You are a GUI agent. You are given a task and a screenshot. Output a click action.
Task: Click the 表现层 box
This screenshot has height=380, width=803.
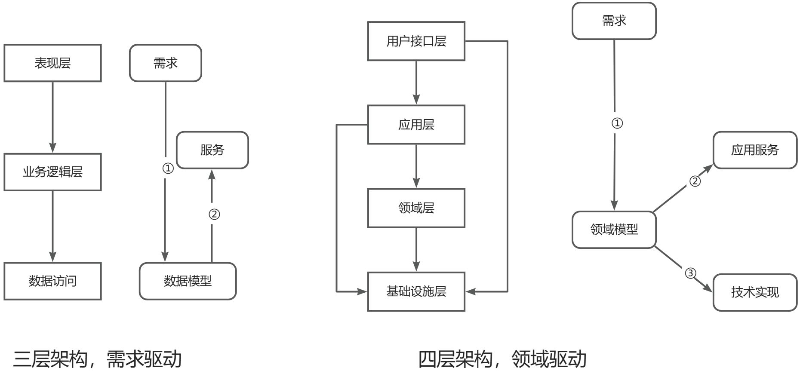tap(52, 63)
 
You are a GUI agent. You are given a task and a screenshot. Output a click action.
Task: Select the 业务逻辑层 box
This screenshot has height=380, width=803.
tap(52, 172)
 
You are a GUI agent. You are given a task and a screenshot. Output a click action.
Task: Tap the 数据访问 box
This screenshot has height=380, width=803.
tap(52, 281)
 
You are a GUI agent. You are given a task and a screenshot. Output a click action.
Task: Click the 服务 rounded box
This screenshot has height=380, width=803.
tap(212, 150)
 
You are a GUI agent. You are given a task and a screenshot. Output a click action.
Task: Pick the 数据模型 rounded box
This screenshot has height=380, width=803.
tap(188, 281)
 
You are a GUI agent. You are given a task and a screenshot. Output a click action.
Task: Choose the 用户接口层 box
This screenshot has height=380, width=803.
tap(416, 41)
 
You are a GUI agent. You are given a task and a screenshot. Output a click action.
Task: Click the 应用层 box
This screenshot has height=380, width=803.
tap(416, 125)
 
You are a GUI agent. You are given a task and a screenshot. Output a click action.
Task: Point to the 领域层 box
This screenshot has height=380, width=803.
tap(416, 208)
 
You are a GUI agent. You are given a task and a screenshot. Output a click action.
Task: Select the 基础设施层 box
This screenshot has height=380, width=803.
tap(416, 291)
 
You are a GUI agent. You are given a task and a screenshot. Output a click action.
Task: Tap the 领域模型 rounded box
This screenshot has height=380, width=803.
tap(614, 230)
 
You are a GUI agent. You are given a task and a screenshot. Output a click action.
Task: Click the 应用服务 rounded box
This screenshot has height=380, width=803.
tap(755, 150)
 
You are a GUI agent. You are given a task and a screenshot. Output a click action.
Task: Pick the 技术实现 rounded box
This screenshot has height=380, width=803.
tap(755, 292)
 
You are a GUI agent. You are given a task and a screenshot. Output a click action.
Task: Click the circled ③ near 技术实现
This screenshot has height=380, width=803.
tap(690, 273)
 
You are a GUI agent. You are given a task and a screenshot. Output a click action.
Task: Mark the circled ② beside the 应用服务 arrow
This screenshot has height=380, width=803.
tap(695, 181)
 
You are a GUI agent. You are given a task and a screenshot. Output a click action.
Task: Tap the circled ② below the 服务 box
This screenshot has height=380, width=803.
tap(214, 214)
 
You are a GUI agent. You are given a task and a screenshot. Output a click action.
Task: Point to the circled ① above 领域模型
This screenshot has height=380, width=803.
tap(617, 123)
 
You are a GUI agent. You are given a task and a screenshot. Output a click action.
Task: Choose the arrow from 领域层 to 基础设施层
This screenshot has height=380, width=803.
tap(416, 249)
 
